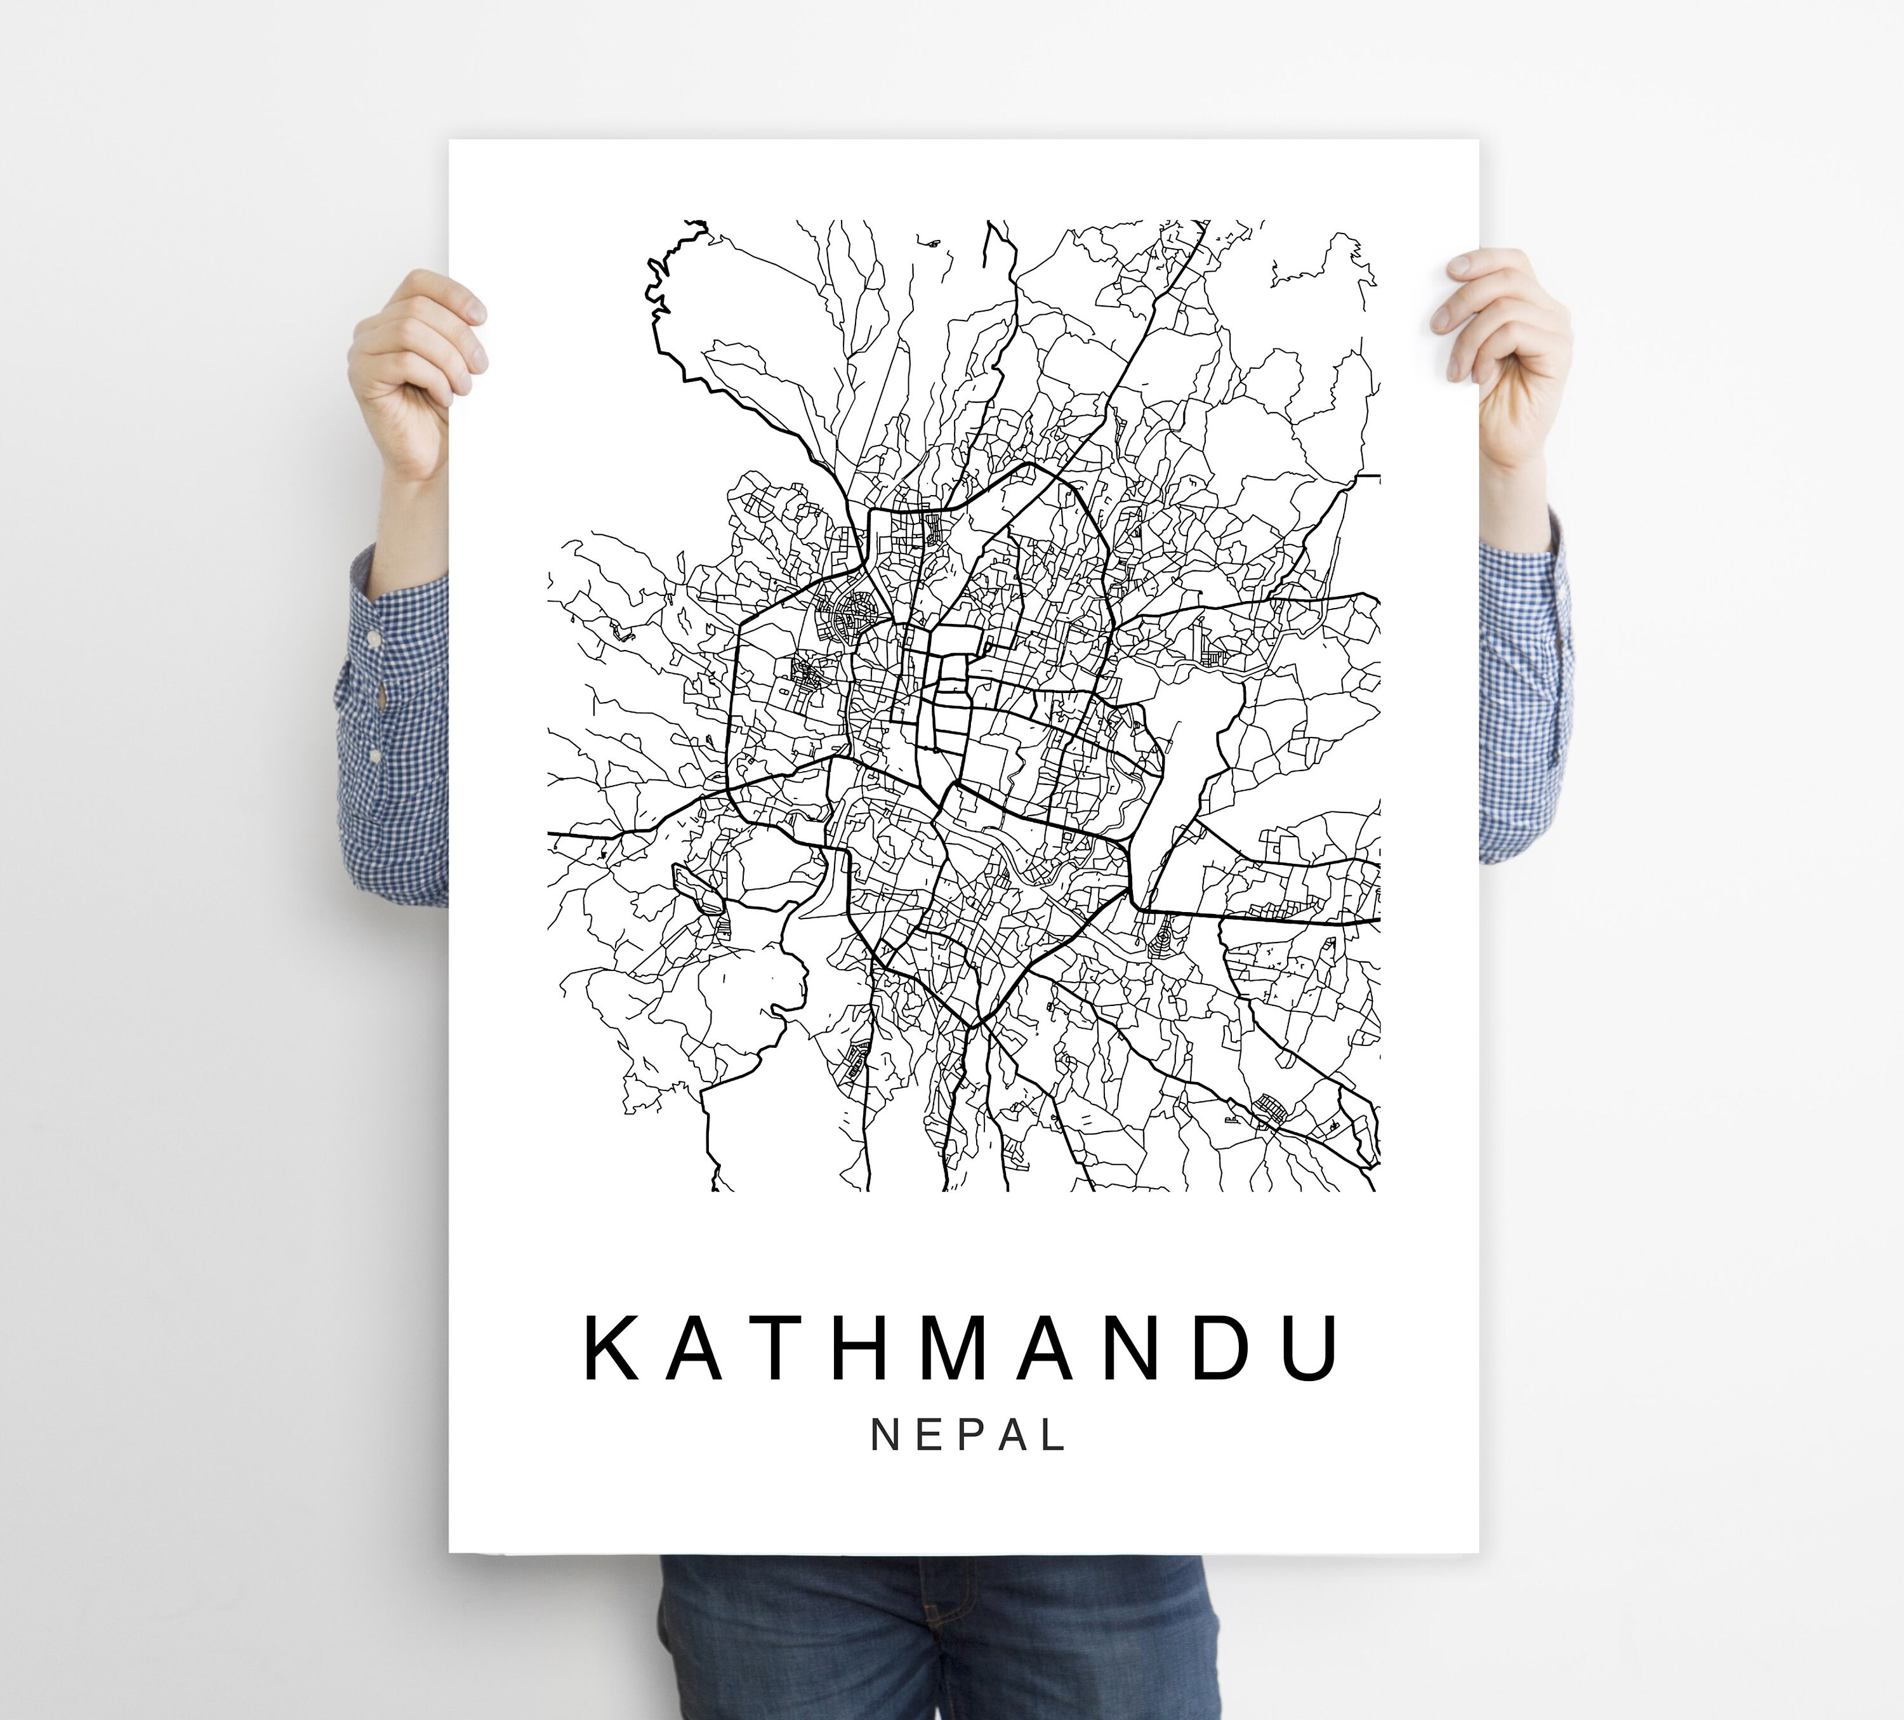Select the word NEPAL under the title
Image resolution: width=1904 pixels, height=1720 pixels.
click(967, 1434)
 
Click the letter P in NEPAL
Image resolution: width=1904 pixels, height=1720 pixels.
click(968, 1434)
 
